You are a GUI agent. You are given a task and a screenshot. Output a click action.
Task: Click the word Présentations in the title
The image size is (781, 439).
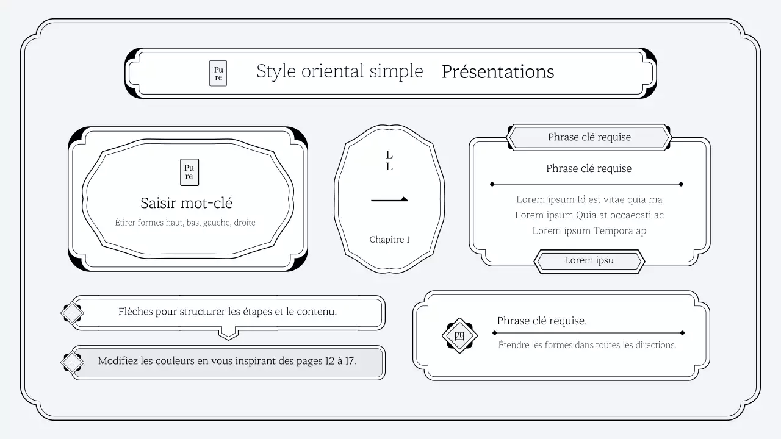[x=497, y=72]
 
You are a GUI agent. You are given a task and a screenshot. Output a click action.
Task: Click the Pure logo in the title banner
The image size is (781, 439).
[x=218, y=73]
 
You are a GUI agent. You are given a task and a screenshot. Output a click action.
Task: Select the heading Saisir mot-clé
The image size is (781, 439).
[x=186, y=203]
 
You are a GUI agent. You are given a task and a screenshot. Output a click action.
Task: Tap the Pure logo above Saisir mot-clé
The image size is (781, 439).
[x=189, y=172]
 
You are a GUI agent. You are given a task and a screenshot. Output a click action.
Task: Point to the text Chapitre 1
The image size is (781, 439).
[x=389, y=240]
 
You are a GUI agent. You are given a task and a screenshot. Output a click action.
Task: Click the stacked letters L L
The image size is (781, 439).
[x=389, y=162]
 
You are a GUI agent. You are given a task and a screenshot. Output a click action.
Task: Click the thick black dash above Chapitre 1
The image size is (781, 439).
[x=389, y=199]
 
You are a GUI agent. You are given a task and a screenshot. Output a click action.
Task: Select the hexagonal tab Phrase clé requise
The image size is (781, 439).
[x=589, y=137]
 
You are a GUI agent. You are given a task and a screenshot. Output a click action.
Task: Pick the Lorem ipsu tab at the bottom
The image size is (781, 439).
[x=589, y=260]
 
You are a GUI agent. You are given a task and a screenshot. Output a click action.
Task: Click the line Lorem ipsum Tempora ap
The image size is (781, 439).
[x=589, y=230]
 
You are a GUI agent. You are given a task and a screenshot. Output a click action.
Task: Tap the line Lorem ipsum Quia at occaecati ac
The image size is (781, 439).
[x=589, y=215]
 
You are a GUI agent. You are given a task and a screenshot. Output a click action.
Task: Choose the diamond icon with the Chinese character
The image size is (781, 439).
[x=459, y=335]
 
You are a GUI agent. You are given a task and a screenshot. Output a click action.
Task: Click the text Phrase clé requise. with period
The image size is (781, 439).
[x=542, y=321]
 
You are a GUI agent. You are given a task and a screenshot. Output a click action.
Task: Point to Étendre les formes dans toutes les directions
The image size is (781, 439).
[x=587, y=345]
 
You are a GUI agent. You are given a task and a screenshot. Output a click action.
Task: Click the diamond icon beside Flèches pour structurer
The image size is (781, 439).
[x=72, y=313]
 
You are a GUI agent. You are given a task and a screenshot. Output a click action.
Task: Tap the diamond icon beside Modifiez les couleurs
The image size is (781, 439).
[x=72, y=362]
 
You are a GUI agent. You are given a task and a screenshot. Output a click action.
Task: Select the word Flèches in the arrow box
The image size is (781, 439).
[x=135, y=312]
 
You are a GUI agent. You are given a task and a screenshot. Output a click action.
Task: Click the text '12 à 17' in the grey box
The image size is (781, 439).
[x=340, y=361]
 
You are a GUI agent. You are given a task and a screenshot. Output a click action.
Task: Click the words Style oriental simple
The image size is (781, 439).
[x=339, y=71]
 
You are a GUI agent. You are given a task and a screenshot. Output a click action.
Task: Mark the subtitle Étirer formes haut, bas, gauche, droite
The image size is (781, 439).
[x=185, y=223]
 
